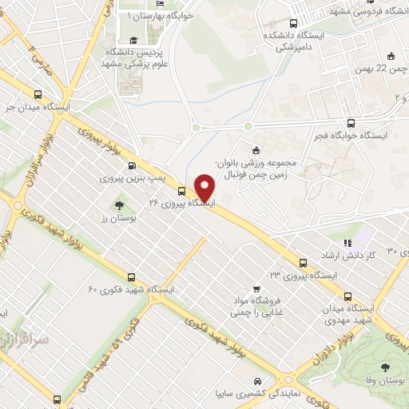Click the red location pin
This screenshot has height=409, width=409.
[205, 187]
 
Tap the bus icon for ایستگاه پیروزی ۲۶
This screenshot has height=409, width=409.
[182, 191]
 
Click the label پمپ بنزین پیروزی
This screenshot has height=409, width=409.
[131, 179]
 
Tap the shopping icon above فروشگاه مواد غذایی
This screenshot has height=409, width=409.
[255, 289]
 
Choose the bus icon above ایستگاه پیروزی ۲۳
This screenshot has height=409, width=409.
[304, 262]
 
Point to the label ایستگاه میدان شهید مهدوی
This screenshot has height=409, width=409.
[350, 314]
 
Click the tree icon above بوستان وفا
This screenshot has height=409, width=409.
[386, 367]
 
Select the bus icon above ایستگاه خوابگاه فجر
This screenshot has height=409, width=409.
[350, 122]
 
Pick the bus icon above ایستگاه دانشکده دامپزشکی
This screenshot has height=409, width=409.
[293, 24]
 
